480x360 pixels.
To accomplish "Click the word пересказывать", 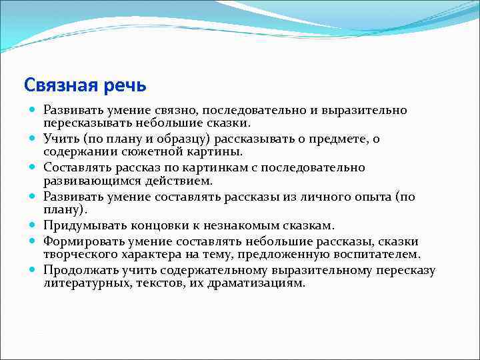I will pyautogui.click(x=84, y=123).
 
